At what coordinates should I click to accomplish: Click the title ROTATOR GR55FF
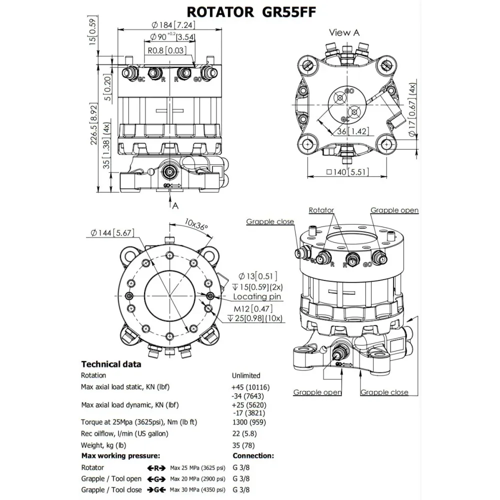(x=251, y=12)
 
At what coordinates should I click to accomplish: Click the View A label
(x=344, y=33)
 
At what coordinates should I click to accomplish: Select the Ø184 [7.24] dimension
(x=169, y=25)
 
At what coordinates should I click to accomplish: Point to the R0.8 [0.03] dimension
(x=167, y=50)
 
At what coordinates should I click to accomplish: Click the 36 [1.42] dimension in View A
(x=347, y=132)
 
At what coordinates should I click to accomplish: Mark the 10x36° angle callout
(x=195, y=223)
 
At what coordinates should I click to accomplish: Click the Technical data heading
(x=111, y=364)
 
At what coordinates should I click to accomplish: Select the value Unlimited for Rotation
(x=246, y=375)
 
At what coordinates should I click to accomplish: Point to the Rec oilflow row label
(x=124, y=433)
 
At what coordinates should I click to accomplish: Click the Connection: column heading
(x=253, y=456)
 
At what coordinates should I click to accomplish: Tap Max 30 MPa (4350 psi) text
(x=197, y=490)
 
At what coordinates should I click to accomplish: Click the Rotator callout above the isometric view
(x=321, y=210)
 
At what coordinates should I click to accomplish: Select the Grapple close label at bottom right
(x=384, y=392)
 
